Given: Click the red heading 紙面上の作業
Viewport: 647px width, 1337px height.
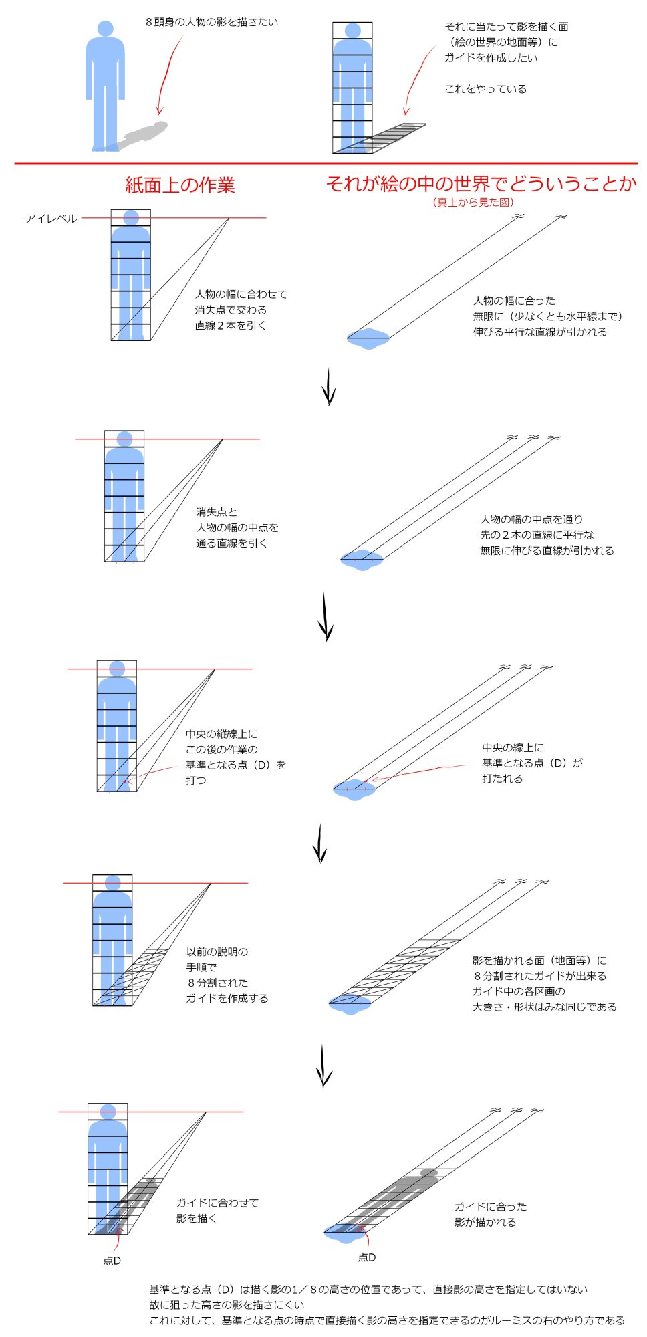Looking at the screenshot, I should tap(180, 185).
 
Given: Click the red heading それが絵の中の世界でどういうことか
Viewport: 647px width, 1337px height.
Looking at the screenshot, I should tap(481, 183).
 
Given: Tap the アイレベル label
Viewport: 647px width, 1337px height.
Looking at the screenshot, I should tap(51, 219).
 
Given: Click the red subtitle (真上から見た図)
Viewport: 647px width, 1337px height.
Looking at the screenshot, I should tap(473, 202).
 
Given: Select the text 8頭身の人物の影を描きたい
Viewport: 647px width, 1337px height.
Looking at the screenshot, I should tap(211, 22).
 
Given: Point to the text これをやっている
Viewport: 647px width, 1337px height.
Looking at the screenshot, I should tap(485, 89).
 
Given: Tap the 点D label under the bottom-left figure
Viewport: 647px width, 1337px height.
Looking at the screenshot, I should tap(112, 1261).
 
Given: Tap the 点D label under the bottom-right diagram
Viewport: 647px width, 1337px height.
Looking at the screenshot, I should tap(367, 1257).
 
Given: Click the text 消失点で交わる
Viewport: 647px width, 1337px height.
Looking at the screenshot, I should tap(231, 310).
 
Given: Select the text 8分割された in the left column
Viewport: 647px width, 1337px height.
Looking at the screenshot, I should tap(217, 983).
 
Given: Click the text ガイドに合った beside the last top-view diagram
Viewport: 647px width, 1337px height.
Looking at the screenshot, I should tap(491, 1207).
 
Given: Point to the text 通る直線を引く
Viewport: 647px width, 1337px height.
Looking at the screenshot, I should tap(231, 543).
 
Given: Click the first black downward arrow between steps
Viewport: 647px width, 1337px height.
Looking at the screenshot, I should tap(328, 386).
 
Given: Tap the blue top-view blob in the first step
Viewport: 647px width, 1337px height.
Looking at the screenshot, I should tap(368, 339).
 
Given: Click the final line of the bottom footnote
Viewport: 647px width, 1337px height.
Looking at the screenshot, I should tap(386, 1320).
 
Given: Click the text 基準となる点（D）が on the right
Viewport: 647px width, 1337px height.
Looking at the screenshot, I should tap(532, 763).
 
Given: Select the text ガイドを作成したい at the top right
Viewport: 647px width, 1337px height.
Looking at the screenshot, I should tap(491, 57).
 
